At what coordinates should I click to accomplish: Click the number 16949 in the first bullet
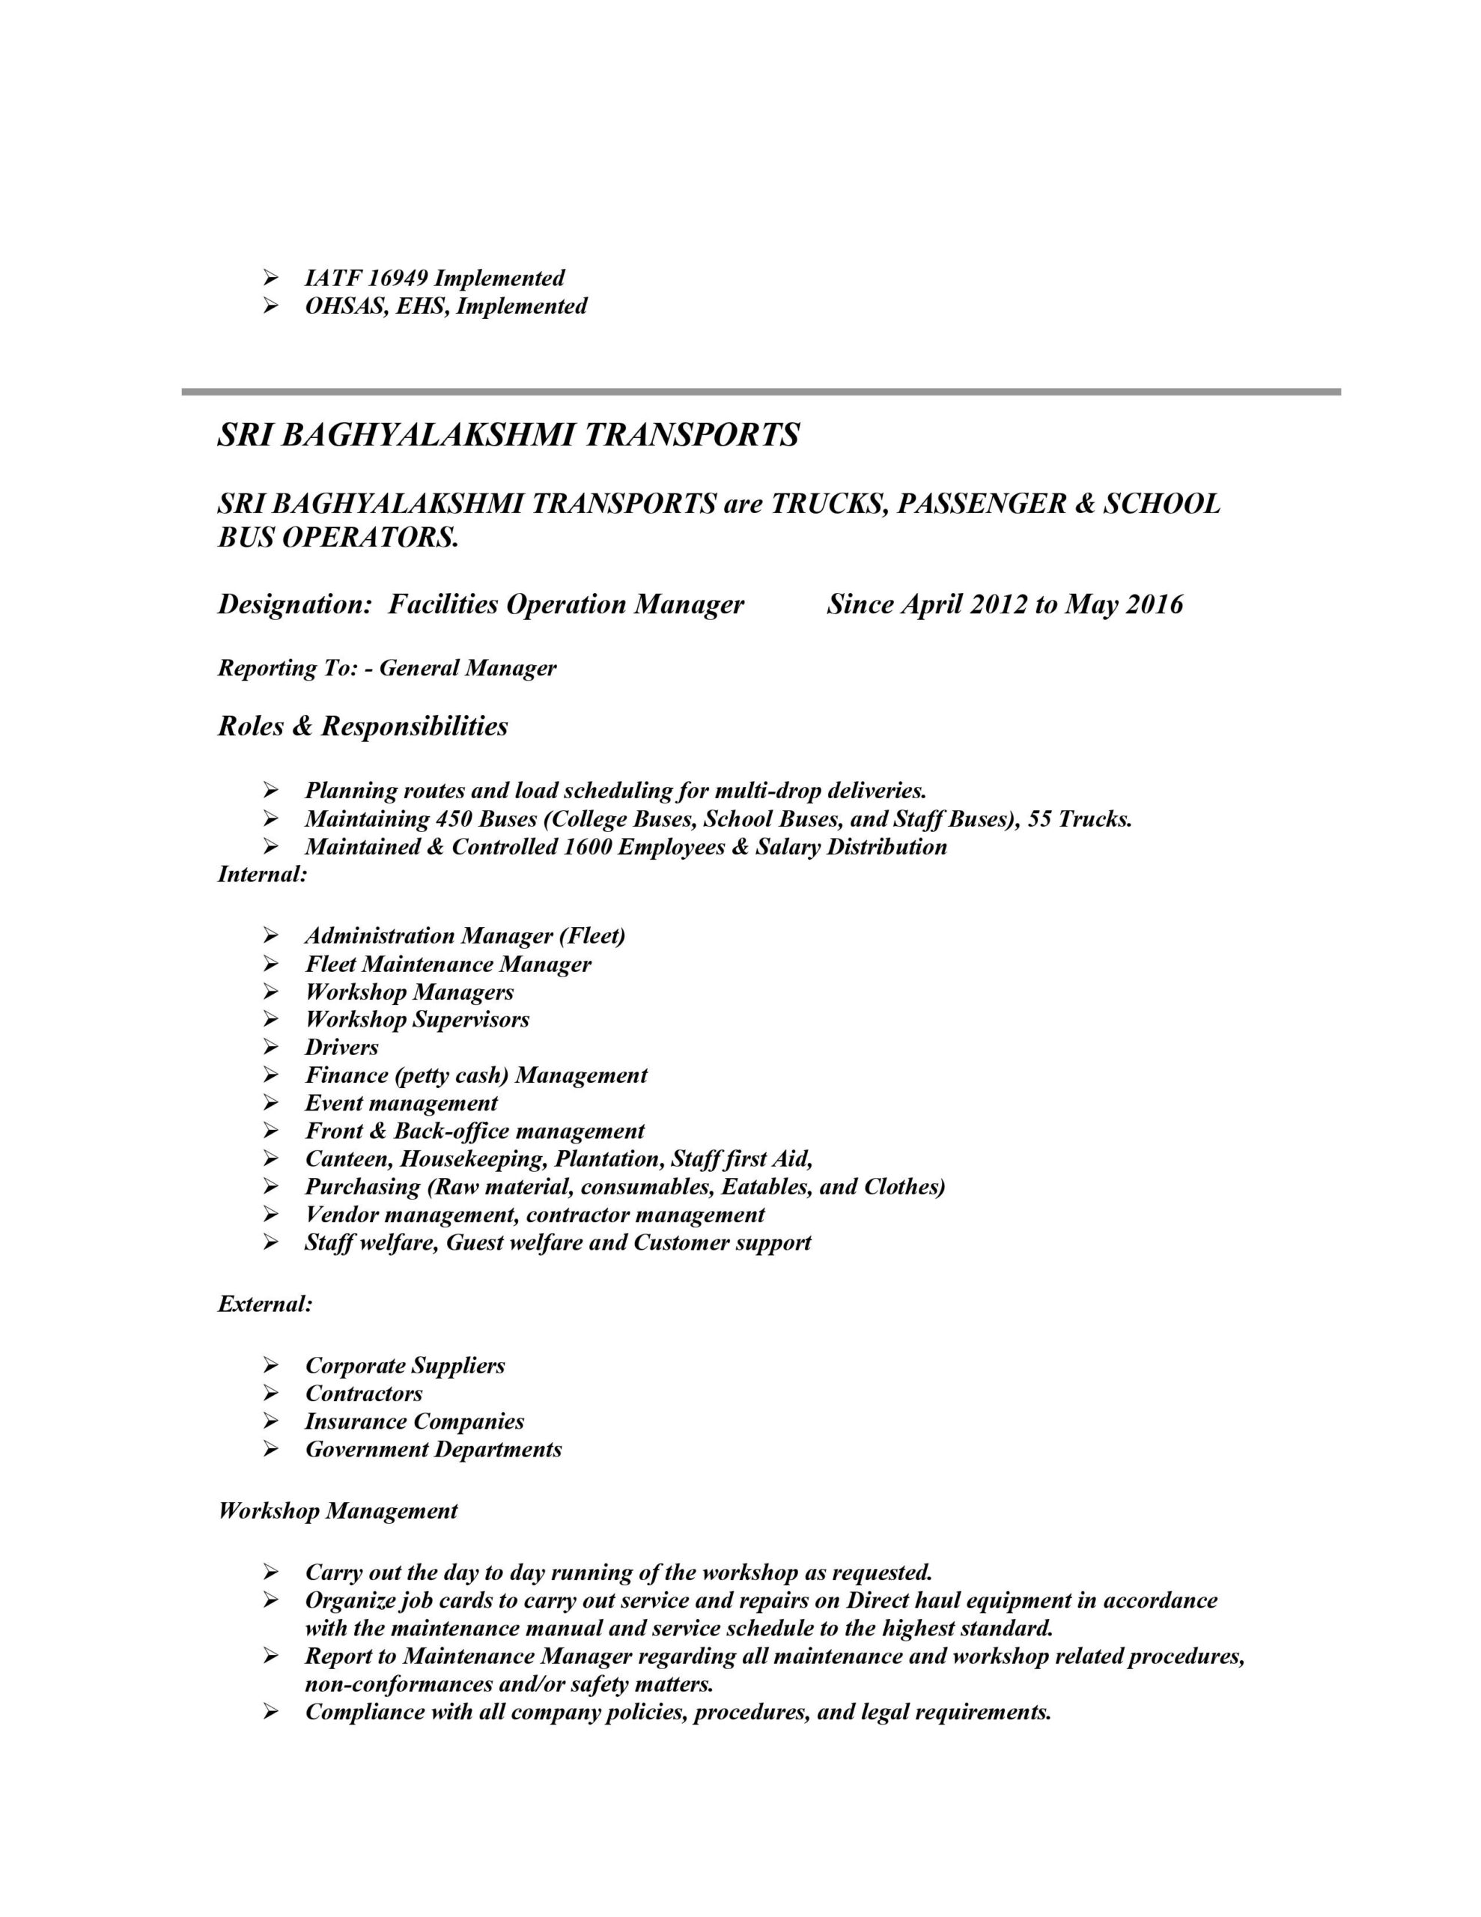click(x=398, y=279)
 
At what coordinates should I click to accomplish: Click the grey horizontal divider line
click(x=760, y=392)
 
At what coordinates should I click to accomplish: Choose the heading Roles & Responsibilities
click(x=362, y=726)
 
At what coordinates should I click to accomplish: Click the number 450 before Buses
click(x=454, y=819)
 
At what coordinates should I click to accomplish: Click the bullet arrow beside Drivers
click(x=270, y=1047)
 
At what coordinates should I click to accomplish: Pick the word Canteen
click(x=347, y=1158)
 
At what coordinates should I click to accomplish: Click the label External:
click(x=265, y=1304)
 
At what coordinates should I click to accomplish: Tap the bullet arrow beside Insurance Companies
click(x=270, y=1421)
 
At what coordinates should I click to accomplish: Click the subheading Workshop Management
click(x=338, y=1510)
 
